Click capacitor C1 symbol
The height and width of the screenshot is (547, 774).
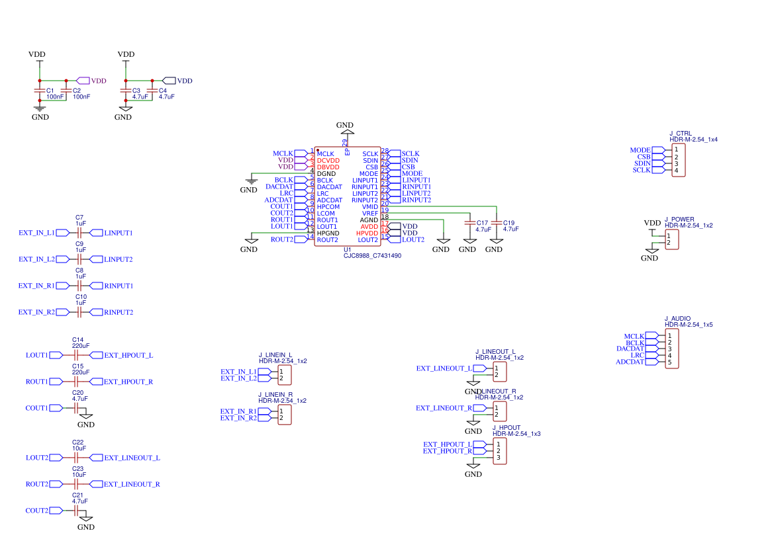pyautogui.click(x=40, y=90)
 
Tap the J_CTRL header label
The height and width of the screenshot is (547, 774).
pyautogui.click(x=680, y=133)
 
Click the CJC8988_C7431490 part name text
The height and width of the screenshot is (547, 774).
pyautogui.click(x=372, y=255)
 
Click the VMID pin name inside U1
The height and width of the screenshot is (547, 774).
pyautogui.click(x=369, y=206)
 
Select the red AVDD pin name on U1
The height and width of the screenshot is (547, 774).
pyautogui.click(x=369, y=226)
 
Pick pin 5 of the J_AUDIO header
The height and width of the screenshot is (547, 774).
pyautogui.click(x=669, y=362)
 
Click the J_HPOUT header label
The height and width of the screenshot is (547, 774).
pyautogui.click(x=507, y=427)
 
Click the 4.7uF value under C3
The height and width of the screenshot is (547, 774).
pyautogui.click(x=140, y=97)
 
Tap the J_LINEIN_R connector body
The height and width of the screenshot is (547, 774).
pyautogui.click(x=284, y=415)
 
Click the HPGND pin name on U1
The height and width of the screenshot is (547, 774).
pyautogui.click(x=328, y=233)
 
